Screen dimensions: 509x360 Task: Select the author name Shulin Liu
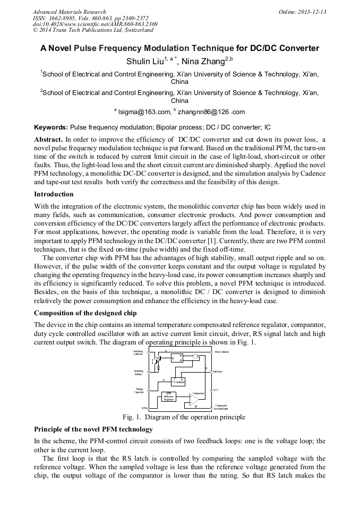(x=144, y=62)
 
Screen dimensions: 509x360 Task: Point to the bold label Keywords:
(x=51, y=127)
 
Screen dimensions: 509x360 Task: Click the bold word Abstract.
(x=48, y=139)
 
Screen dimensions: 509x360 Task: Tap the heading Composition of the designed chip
(x=85, y=313)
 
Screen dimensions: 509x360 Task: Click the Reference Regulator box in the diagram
(x=169, y=396)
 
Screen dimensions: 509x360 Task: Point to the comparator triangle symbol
(x=195, y=399)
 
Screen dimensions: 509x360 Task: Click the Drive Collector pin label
(x=221, y=352)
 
